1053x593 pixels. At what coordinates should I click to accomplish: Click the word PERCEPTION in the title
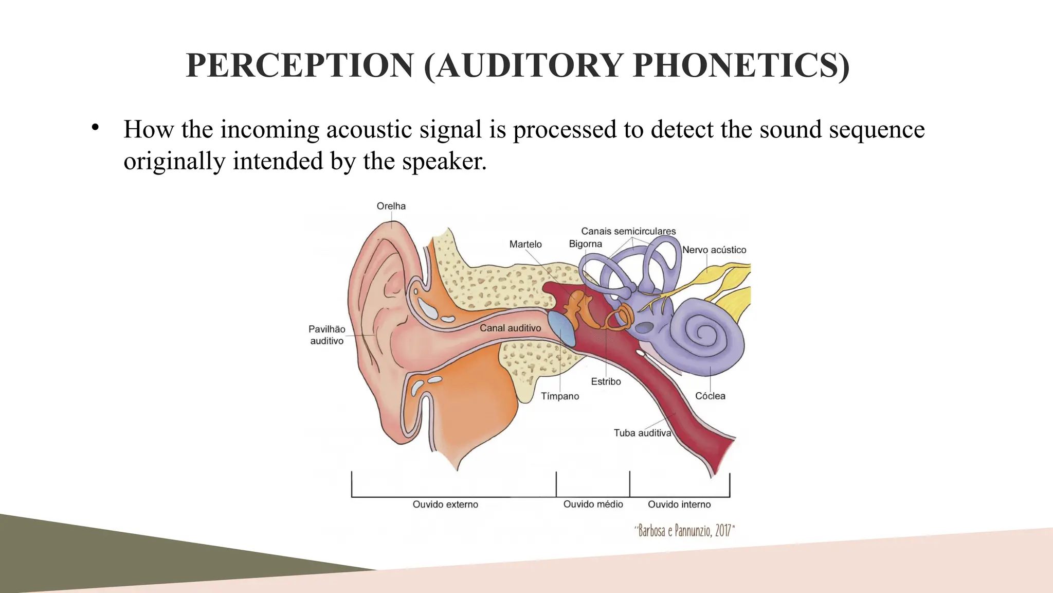click(x=300, y=66)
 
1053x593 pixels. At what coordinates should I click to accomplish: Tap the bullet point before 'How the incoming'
click(x=95, y=128)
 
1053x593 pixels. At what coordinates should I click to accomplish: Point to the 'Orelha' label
click(x=391, y=206)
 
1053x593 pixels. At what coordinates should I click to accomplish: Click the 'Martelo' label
click(x=525, y=244)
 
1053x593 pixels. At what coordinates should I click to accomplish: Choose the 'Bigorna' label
click(x=585, y=243)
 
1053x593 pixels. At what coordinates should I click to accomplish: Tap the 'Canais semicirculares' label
click(x=628, y=231)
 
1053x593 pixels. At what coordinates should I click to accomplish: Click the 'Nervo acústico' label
click(x=714, y=250)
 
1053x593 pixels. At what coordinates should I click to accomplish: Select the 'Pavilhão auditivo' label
click(x=326, y=335)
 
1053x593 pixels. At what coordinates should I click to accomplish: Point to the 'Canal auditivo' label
click(x=510, y=328)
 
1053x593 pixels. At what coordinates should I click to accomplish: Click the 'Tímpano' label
click(x=560, y=396)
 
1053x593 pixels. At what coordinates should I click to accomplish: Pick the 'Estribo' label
click(x=606, y=381)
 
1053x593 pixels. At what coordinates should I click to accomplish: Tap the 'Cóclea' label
click(x=710, y=396)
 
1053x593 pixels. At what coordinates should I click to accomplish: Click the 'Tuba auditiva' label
click(x=642, y=433)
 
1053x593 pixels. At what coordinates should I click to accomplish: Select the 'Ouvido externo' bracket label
click(x=445, y=504)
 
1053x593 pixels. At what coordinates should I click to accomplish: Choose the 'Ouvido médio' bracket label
click(x=593, y=504)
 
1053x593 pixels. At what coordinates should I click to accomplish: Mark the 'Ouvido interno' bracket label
click(x=679, y=504)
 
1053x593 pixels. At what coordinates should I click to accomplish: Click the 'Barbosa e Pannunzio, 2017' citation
click(x=684, y=530)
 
